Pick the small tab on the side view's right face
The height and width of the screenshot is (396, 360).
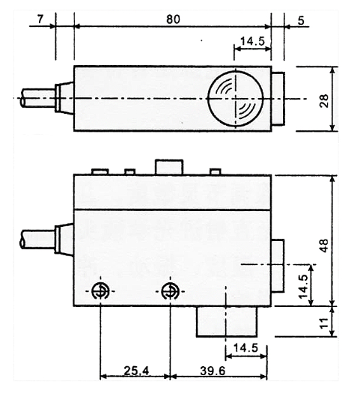click(278, 266)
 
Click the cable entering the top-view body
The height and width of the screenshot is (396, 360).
click(37, 99)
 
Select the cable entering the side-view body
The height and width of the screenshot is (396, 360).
click(37, 240)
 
